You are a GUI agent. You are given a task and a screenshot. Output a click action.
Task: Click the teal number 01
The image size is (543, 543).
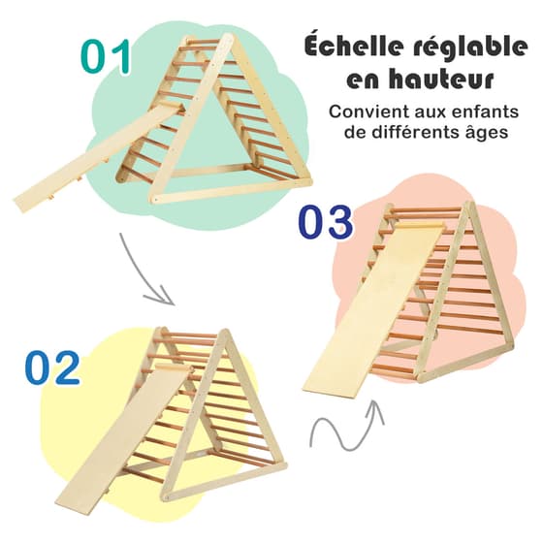click(x=106, y=56)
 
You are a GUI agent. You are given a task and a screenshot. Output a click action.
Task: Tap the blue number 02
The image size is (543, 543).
click(x=52, y=367)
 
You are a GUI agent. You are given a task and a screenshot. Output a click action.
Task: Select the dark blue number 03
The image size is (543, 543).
click(x=325, y=222)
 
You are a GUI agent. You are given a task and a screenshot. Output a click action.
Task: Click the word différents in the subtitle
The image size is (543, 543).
click(x=411, y=132)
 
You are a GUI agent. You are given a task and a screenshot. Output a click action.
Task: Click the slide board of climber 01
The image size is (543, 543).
click(x=97, y=156)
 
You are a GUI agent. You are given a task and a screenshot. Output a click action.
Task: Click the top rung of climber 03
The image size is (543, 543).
click(x=428, y=209)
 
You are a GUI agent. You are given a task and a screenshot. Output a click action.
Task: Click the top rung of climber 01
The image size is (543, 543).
click(x=204, y=41)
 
